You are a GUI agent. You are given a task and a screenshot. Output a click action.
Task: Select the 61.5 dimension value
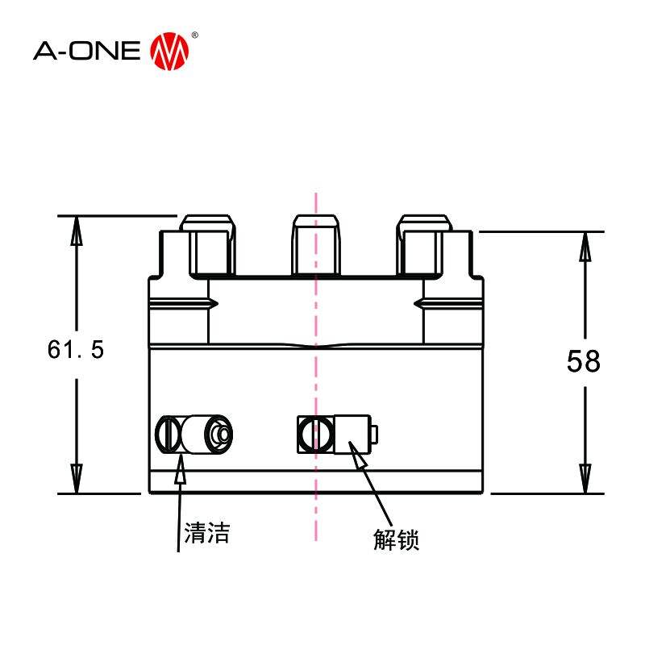coord(76,350)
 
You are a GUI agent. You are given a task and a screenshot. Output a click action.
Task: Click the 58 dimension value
coord(583,361)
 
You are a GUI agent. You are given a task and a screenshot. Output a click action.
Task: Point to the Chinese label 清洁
coord(207,533)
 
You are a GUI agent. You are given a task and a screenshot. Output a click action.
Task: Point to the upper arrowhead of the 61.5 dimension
coord(77,230)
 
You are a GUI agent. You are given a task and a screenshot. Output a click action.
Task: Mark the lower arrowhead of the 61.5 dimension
coord(77,479)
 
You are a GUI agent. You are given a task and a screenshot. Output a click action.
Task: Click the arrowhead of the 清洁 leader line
coord(181,466)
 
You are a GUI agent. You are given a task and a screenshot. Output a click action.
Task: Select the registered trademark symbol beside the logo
coord(194,36)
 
